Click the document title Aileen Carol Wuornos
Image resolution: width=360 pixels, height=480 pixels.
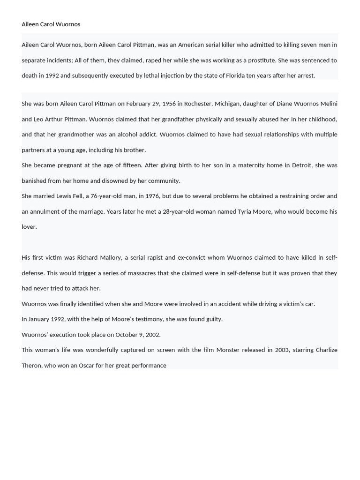pyautogui.click(x=51, y=24)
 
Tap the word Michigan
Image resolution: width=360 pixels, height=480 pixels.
pyautogui.click(x=226, y=104)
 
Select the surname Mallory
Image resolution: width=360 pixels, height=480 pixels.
pyautogui.click(x=110, y=257)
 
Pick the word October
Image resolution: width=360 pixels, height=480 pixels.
pyautogui.click(x=127, y=335)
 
